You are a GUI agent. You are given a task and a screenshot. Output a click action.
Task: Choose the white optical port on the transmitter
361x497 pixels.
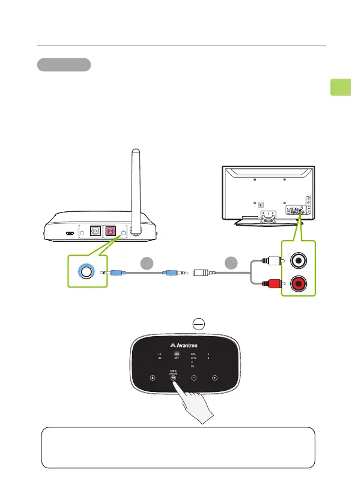(95, 231)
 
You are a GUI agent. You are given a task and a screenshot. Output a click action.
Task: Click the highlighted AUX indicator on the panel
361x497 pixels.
(177, 354)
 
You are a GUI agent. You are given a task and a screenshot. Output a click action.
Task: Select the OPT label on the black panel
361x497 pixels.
(177, 359)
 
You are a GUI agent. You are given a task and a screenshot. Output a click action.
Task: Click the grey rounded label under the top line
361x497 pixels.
(64, 65)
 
